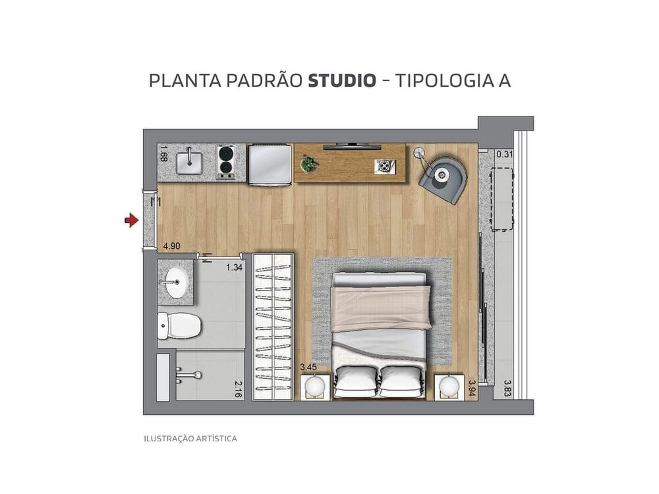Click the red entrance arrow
pos(131,221)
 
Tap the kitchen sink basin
pos(189,160)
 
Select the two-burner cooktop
pos(226,162)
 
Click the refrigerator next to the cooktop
pos(270,164)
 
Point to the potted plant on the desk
pos(308,164)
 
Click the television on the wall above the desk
pos(352,146)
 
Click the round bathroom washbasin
pos(175,283)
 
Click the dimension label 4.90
pos(171,246)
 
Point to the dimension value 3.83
pos(507,387)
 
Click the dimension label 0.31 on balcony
pos(504,154)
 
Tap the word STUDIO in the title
pos(342,81)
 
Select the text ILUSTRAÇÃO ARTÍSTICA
pos(190,438)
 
